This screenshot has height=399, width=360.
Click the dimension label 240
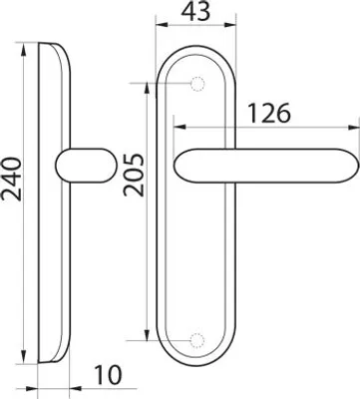coord(12,180)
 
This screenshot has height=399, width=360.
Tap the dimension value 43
coord(195,11)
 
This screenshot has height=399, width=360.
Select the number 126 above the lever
coord(269,113)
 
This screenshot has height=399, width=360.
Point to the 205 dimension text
coord(135,175)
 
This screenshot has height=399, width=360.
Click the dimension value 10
coord(109,375)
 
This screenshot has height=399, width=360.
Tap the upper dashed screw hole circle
coord(196,84)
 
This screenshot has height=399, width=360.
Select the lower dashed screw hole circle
coord(196,340)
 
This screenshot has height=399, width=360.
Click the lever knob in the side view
coord(86,166)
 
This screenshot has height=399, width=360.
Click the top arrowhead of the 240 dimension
coord(23,49)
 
